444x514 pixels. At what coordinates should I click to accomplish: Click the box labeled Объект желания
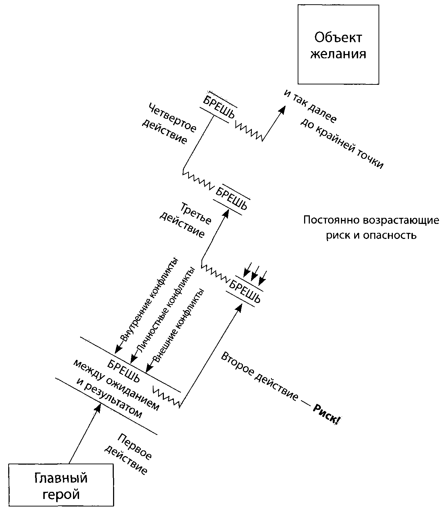[338, 44]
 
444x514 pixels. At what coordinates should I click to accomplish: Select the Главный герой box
[61, 485]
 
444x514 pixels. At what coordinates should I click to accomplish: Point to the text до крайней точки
[342, 143]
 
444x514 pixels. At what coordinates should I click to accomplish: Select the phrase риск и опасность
[371, 235]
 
